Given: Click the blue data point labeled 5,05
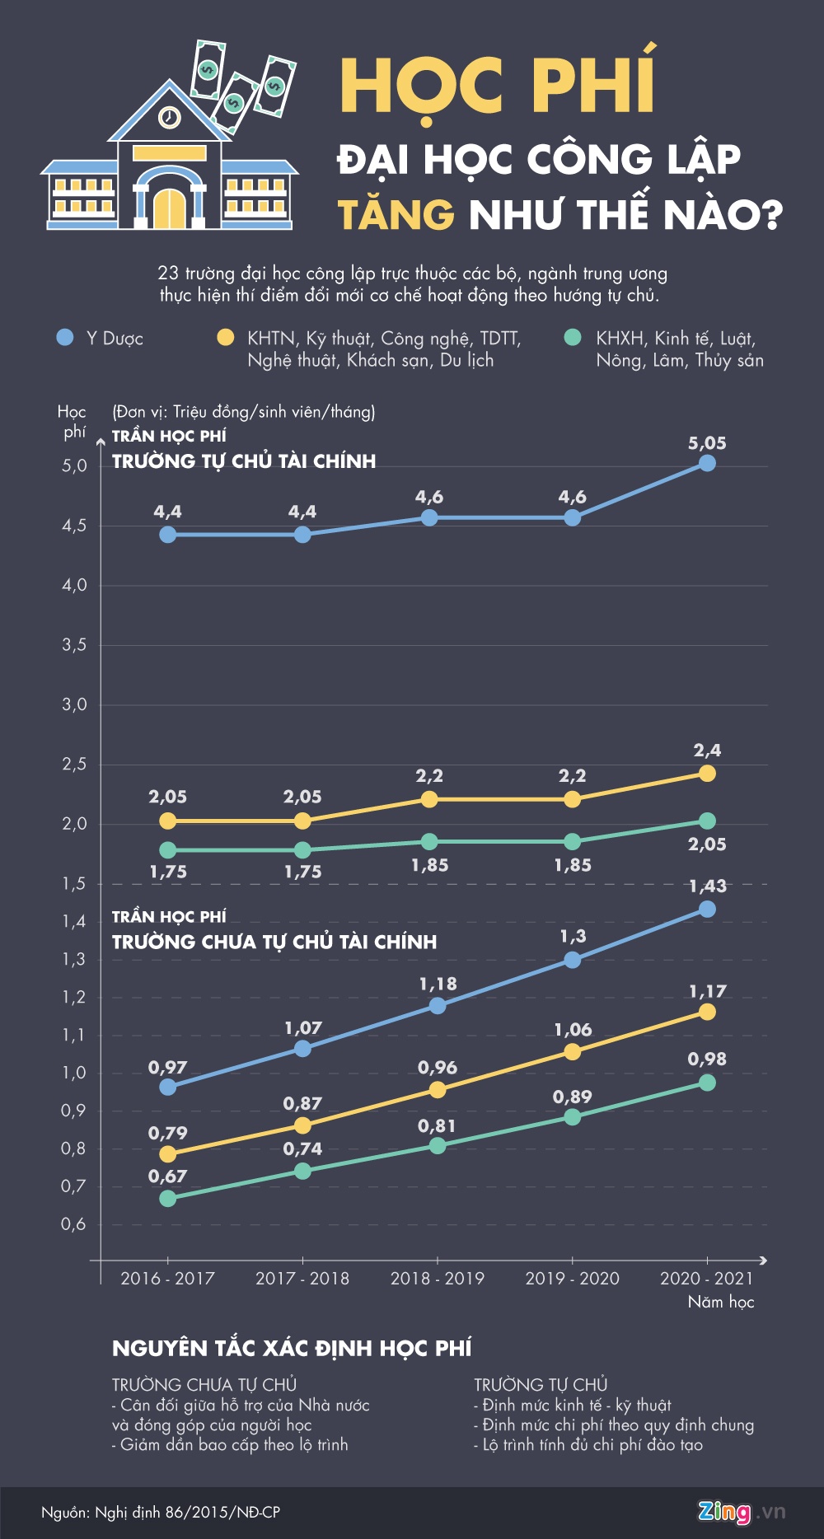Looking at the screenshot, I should point(707,463).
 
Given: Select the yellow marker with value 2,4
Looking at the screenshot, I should point(707,773).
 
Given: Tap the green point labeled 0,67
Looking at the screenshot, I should point(168,1198).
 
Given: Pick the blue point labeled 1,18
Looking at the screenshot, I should point(438,1005).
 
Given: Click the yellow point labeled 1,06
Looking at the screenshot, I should point(573,1051).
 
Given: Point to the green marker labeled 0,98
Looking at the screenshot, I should point(707,1083).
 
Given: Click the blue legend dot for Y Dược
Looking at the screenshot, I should point(65,338).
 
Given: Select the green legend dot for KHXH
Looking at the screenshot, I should point(573,338).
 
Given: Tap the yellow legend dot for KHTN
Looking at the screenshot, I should point(225,338).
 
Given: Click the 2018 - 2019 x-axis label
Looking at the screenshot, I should point(438,1278).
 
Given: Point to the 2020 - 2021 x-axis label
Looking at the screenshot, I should point(706,1278).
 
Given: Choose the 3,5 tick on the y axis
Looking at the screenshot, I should point(74,645).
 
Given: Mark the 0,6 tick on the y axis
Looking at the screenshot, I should point(73,1224).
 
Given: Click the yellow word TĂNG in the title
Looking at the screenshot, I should point(396,215).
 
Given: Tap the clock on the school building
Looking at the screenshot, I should point(169,117).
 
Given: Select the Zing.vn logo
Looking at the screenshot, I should point(741,1512).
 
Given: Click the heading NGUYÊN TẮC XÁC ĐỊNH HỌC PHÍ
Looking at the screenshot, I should point(292,1349).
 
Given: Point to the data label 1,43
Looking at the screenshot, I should point(707,886).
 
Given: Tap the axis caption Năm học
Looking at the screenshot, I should point(721,1302).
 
